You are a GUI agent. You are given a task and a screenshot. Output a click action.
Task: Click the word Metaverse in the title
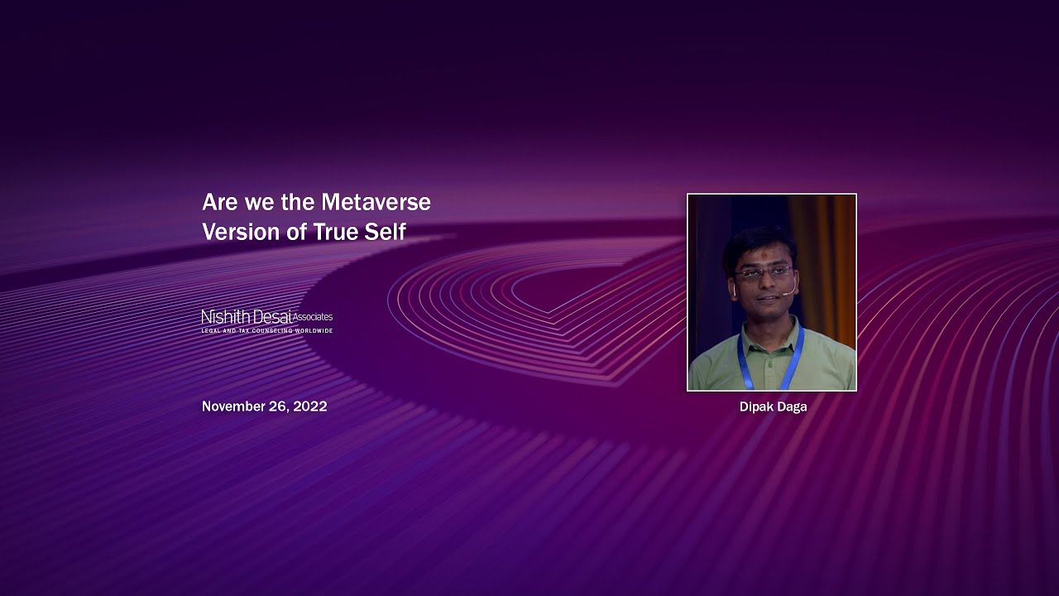[376, 202]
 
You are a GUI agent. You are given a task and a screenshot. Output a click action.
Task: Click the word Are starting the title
[220, 202]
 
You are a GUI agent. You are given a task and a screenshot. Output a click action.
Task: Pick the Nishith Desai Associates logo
[266, 320]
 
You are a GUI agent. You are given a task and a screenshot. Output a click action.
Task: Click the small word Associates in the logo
[313, 316]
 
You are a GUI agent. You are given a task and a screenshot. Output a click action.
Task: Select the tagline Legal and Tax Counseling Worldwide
[266, 331]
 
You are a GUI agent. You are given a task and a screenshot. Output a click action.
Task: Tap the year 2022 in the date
[309, 406]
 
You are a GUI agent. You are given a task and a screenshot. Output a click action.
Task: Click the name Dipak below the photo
[755, 406]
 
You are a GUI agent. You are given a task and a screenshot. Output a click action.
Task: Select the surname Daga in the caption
[791, 406]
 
